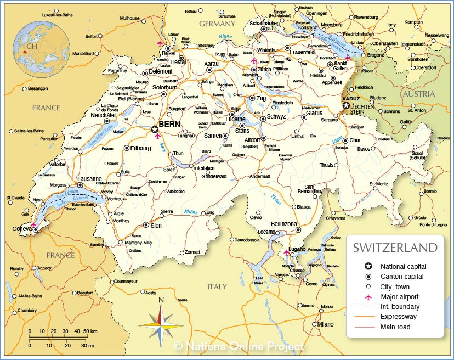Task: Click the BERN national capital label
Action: click(169, 125)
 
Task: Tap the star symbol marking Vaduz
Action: click(346, 105)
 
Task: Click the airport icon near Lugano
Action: click(286, 253)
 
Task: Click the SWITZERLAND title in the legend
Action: click(395, 248)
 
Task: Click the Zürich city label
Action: click(265, 70)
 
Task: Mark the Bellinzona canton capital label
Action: click(284, 224)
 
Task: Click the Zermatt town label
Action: click(192, 252)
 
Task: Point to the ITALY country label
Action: click(217, 286)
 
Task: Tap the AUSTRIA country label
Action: click(419, 94)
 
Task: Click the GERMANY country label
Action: click(217, 24)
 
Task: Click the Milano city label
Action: click(325, 324)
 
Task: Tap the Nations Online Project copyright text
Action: click(239, 346)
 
